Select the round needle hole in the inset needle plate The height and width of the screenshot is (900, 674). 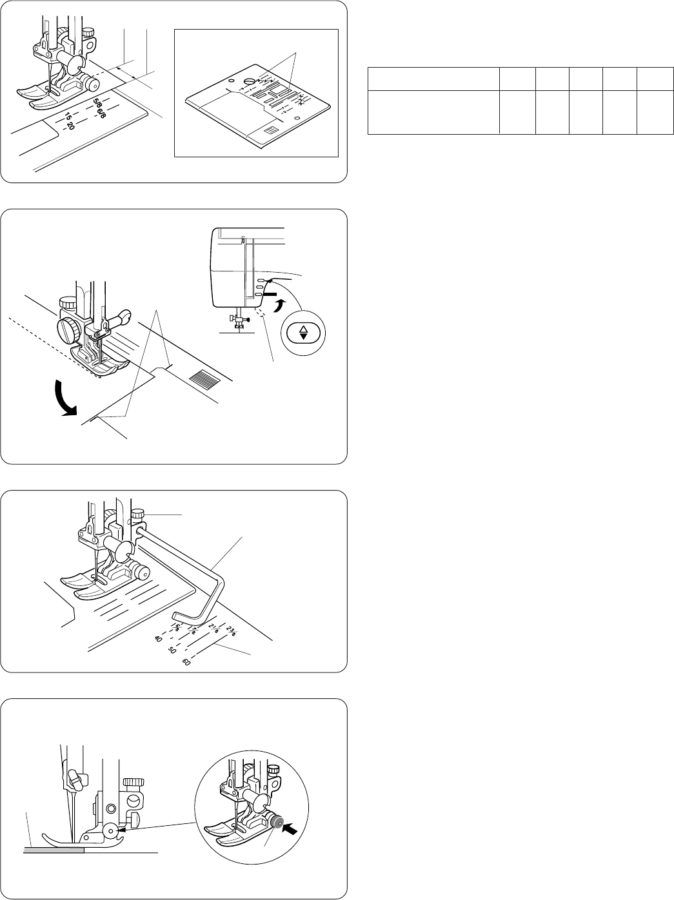click(x=249, y=82)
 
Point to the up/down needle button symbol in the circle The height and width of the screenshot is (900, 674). click(x=303, y=333)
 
